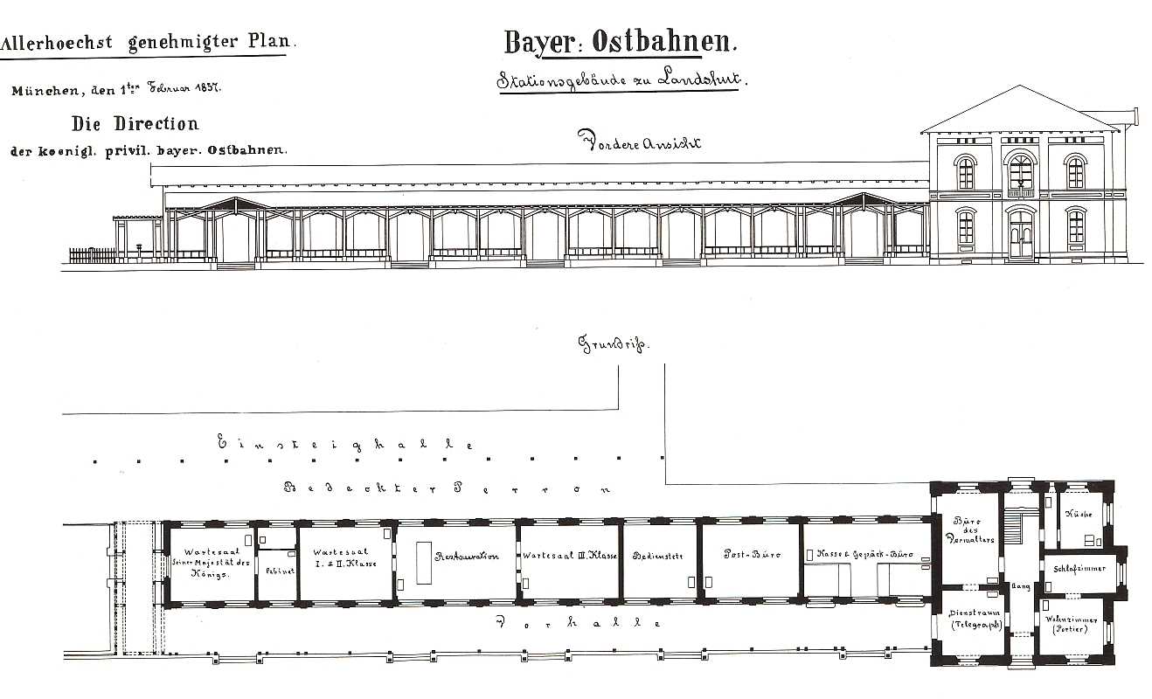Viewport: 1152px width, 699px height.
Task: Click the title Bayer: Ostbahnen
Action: coord(621,41)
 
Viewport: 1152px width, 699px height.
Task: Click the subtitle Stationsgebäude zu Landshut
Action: coord(620,80)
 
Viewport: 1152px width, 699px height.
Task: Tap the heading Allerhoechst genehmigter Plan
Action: coord(148,41)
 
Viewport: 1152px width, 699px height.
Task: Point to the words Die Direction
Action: coord(135,123)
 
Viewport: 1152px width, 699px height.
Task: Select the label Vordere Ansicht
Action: coord(639,142)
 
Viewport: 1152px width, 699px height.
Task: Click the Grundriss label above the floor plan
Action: coord(615,344)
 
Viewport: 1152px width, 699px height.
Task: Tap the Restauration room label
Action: coord(467,556)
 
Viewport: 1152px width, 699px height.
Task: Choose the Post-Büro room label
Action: coord(751,555)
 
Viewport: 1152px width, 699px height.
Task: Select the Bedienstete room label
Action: coord(658,556)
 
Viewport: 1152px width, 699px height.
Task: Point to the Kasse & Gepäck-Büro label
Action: coord(864,555)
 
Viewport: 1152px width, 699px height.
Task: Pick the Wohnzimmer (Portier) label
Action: coord(1071,624)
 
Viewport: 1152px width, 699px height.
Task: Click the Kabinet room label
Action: coord(277,571)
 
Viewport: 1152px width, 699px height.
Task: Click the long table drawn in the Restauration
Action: coord(423,563)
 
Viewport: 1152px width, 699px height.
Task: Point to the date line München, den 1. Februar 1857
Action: coord(115,90)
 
